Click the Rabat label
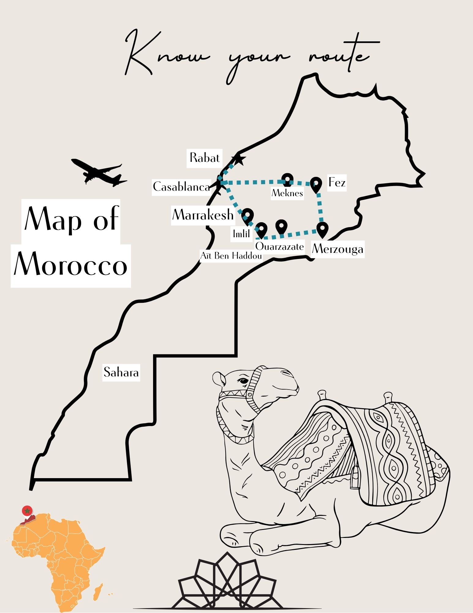[x=205, y=158]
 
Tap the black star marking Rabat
[x=239, y=159]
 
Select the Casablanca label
[x=182, y=187]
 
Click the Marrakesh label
[x=203, y=215]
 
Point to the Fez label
[x=337, y=183]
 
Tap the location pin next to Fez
[x=316, y=184]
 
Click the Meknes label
[x=287, y=193]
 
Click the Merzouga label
[x=338, y=249]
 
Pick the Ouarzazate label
[x=280, y=246]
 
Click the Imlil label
[x=242, y=234]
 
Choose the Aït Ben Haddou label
[x=231, y=256]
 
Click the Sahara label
[x=121, y=372]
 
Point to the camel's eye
[x=243, y=381]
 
